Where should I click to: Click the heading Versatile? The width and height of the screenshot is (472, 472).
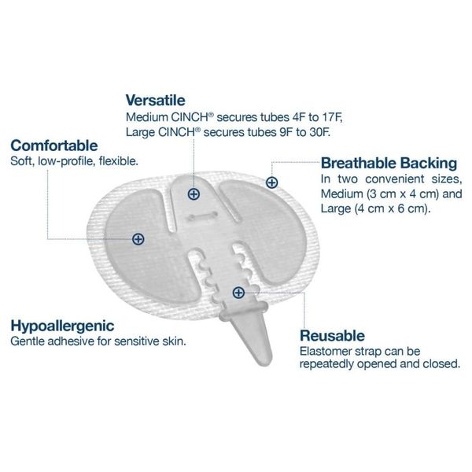click(x=155, y=100)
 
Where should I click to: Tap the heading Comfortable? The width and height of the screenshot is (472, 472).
click(x=54, y=146)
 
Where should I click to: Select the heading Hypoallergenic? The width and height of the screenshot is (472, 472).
click(x=63, y=326)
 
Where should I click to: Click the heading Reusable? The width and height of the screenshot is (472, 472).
click(x=332, y=336)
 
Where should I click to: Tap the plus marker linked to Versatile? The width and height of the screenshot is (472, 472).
click(x=194, y=194)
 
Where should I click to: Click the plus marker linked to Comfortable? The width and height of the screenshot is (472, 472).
click(x=138, y=239)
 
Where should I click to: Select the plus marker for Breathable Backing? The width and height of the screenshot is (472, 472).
click(x=272, y=183)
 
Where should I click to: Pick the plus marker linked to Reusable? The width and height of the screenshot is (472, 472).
click(x=238, y=293)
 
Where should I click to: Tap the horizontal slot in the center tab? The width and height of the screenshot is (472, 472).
click(x=202, y=216)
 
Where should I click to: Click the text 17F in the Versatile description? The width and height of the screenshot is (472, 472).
click(x=333, y=117)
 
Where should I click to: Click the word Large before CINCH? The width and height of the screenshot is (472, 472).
click(x=140, y=133)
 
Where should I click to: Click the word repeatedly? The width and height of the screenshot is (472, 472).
click(x=326, y=364)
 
